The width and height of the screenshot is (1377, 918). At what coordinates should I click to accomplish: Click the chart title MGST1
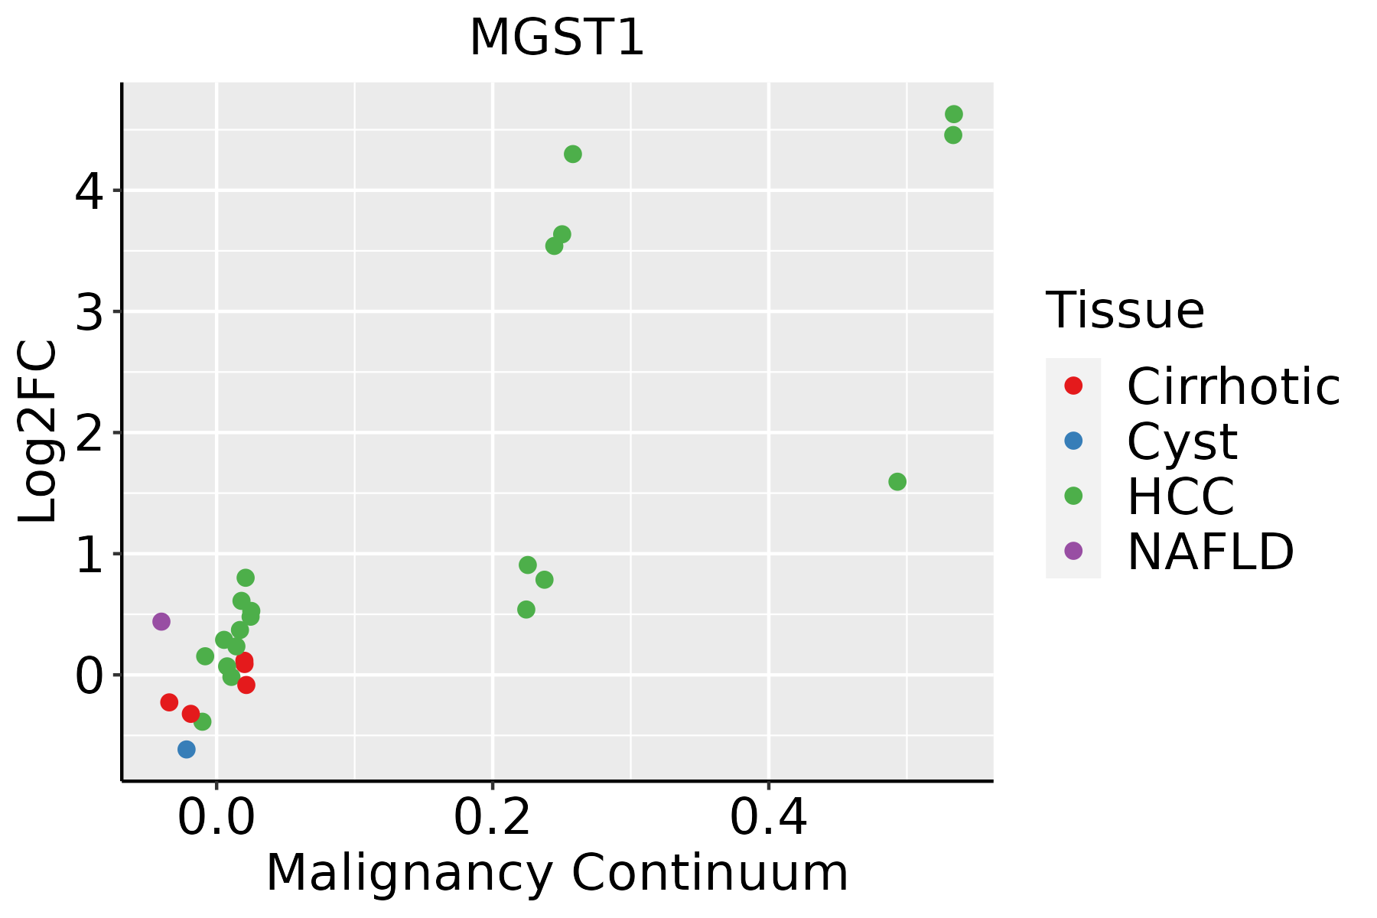[557, 38]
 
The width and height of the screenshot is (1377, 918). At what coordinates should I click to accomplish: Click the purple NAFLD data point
[161, 621]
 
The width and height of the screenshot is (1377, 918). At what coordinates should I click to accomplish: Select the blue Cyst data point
[187, 749]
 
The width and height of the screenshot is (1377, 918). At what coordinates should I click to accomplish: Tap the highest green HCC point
[954, 114]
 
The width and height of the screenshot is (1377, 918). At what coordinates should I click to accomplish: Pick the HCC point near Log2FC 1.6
[897, 482]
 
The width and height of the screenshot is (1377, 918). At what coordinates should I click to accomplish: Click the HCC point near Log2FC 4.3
[573, 154]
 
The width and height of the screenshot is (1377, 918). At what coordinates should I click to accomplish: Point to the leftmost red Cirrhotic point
[169, 702]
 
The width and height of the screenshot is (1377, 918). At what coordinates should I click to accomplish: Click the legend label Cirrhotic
[1233, 386]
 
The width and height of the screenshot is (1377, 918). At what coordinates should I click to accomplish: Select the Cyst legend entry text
[1182, 441]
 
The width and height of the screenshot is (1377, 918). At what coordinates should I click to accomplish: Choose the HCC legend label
[1180, 496]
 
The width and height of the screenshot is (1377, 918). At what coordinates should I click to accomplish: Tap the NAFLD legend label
[1210, 552]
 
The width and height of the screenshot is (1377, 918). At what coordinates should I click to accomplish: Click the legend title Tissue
[1125, 311]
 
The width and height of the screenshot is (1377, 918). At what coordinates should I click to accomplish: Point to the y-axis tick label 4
[89, 191]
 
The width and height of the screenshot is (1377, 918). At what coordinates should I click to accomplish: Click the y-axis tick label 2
[89, 434]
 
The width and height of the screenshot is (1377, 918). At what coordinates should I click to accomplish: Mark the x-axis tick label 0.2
[493, 819]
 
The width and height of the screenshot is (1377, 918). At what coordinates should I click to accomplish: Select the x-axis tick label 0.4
[768, 819]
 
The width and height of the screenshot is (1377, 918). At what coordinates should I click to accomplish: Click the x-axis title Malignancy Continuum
[557, 874]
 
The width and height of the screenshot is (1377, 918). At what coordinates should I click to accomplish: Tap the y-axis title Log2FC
[38, 431]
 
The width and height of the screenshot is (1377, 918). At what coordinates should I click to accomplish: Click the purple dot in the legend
[1073, 551]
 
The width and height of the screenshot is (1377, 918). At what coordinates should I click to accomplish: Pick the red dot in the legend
[1073, 386]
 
